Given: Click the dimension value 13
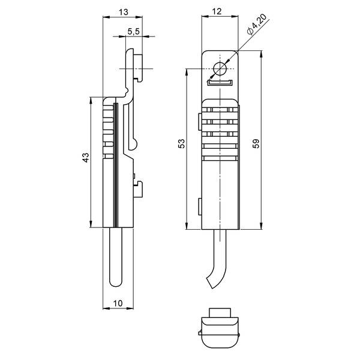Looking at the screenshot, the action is tap(123, 12).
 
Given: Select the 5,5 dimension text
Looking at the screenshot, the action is tap(134, 31).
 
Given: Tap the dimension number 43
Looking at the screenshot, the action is tap(86, 157).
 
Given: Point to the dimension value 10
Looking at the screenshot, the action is tap(118, 303).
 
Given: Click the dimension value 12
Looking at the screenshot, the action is tap(217, 11).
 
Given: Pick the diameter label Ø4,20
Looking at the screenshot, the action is tap(257, 24).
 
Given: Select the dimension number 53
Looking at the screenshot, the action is tap(181, 144).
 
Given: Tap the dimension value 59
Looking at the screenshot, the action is tap(256, 143).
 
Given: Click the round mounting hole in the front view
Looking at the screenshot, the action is tap(220, 69).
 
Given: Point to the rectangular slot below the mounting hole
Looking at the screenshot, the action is tap(220, 83).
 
